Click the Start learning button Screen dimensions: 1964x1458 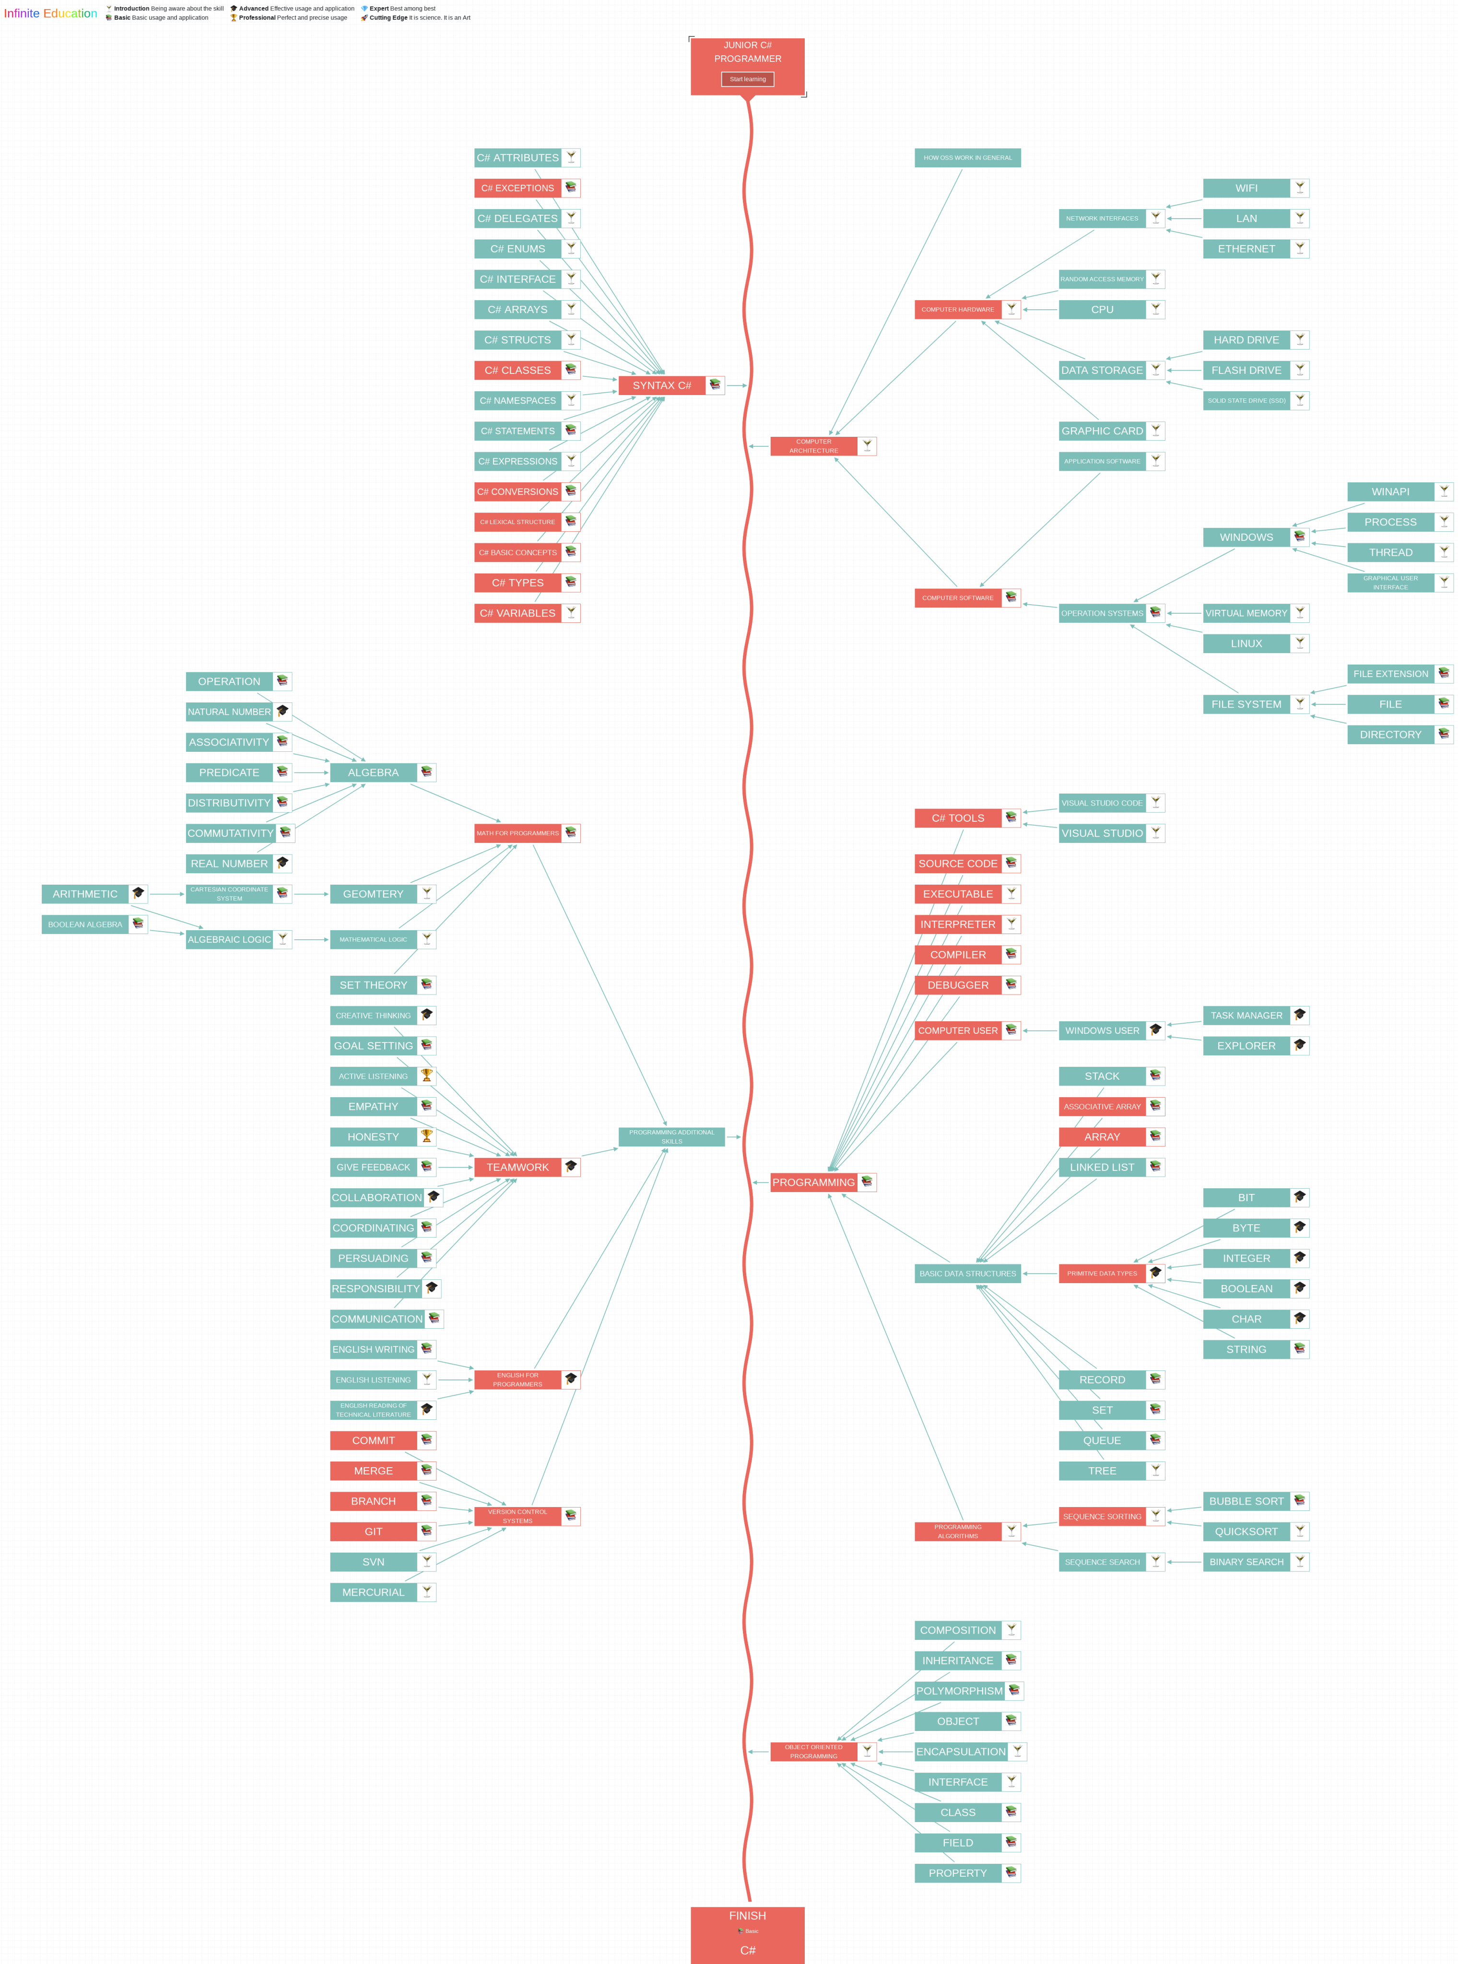click(748, 80)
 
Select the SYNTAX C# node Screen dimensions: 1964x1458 click(662, 386)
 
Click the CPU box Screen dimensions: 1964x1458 click(1102, 310)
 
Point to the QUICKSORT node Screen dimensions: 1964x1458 click(1246, 1531)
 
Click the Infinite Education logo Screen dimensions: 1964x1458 click(50, 13)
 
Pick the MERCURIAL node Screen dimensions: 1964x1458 click(373, 1592)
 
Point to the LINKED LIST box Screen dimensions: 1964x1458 click(1102, 1167)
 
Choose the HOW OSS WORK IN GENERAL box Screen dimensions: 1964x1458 click(967, 158)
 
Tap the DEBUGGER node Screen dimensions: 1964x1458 click(958, 985)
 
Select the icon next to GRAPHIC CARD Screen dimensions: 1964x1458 click(1155, 431)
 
